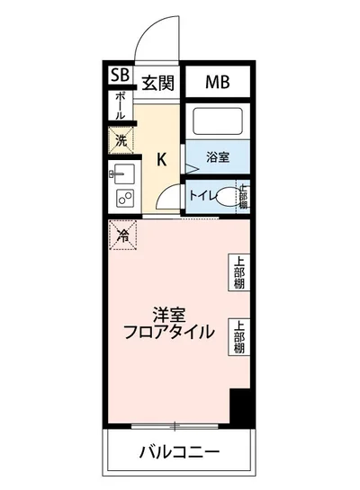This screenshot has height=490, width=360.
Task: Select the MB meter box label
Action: tap(217, 83)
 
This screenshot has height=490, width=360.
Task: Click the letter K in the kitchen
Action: tap(162, 160)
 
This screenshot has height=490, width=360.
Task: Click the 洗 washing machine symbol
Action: tap(120, 140)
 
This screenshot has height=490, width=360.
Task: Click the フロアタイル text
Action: tap(169, 332)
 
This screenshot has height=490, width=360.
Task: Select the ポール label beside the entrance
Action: tap(119, 106)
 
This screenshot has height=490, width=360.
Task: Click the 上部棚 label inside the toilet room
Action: tap(243, 196)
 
